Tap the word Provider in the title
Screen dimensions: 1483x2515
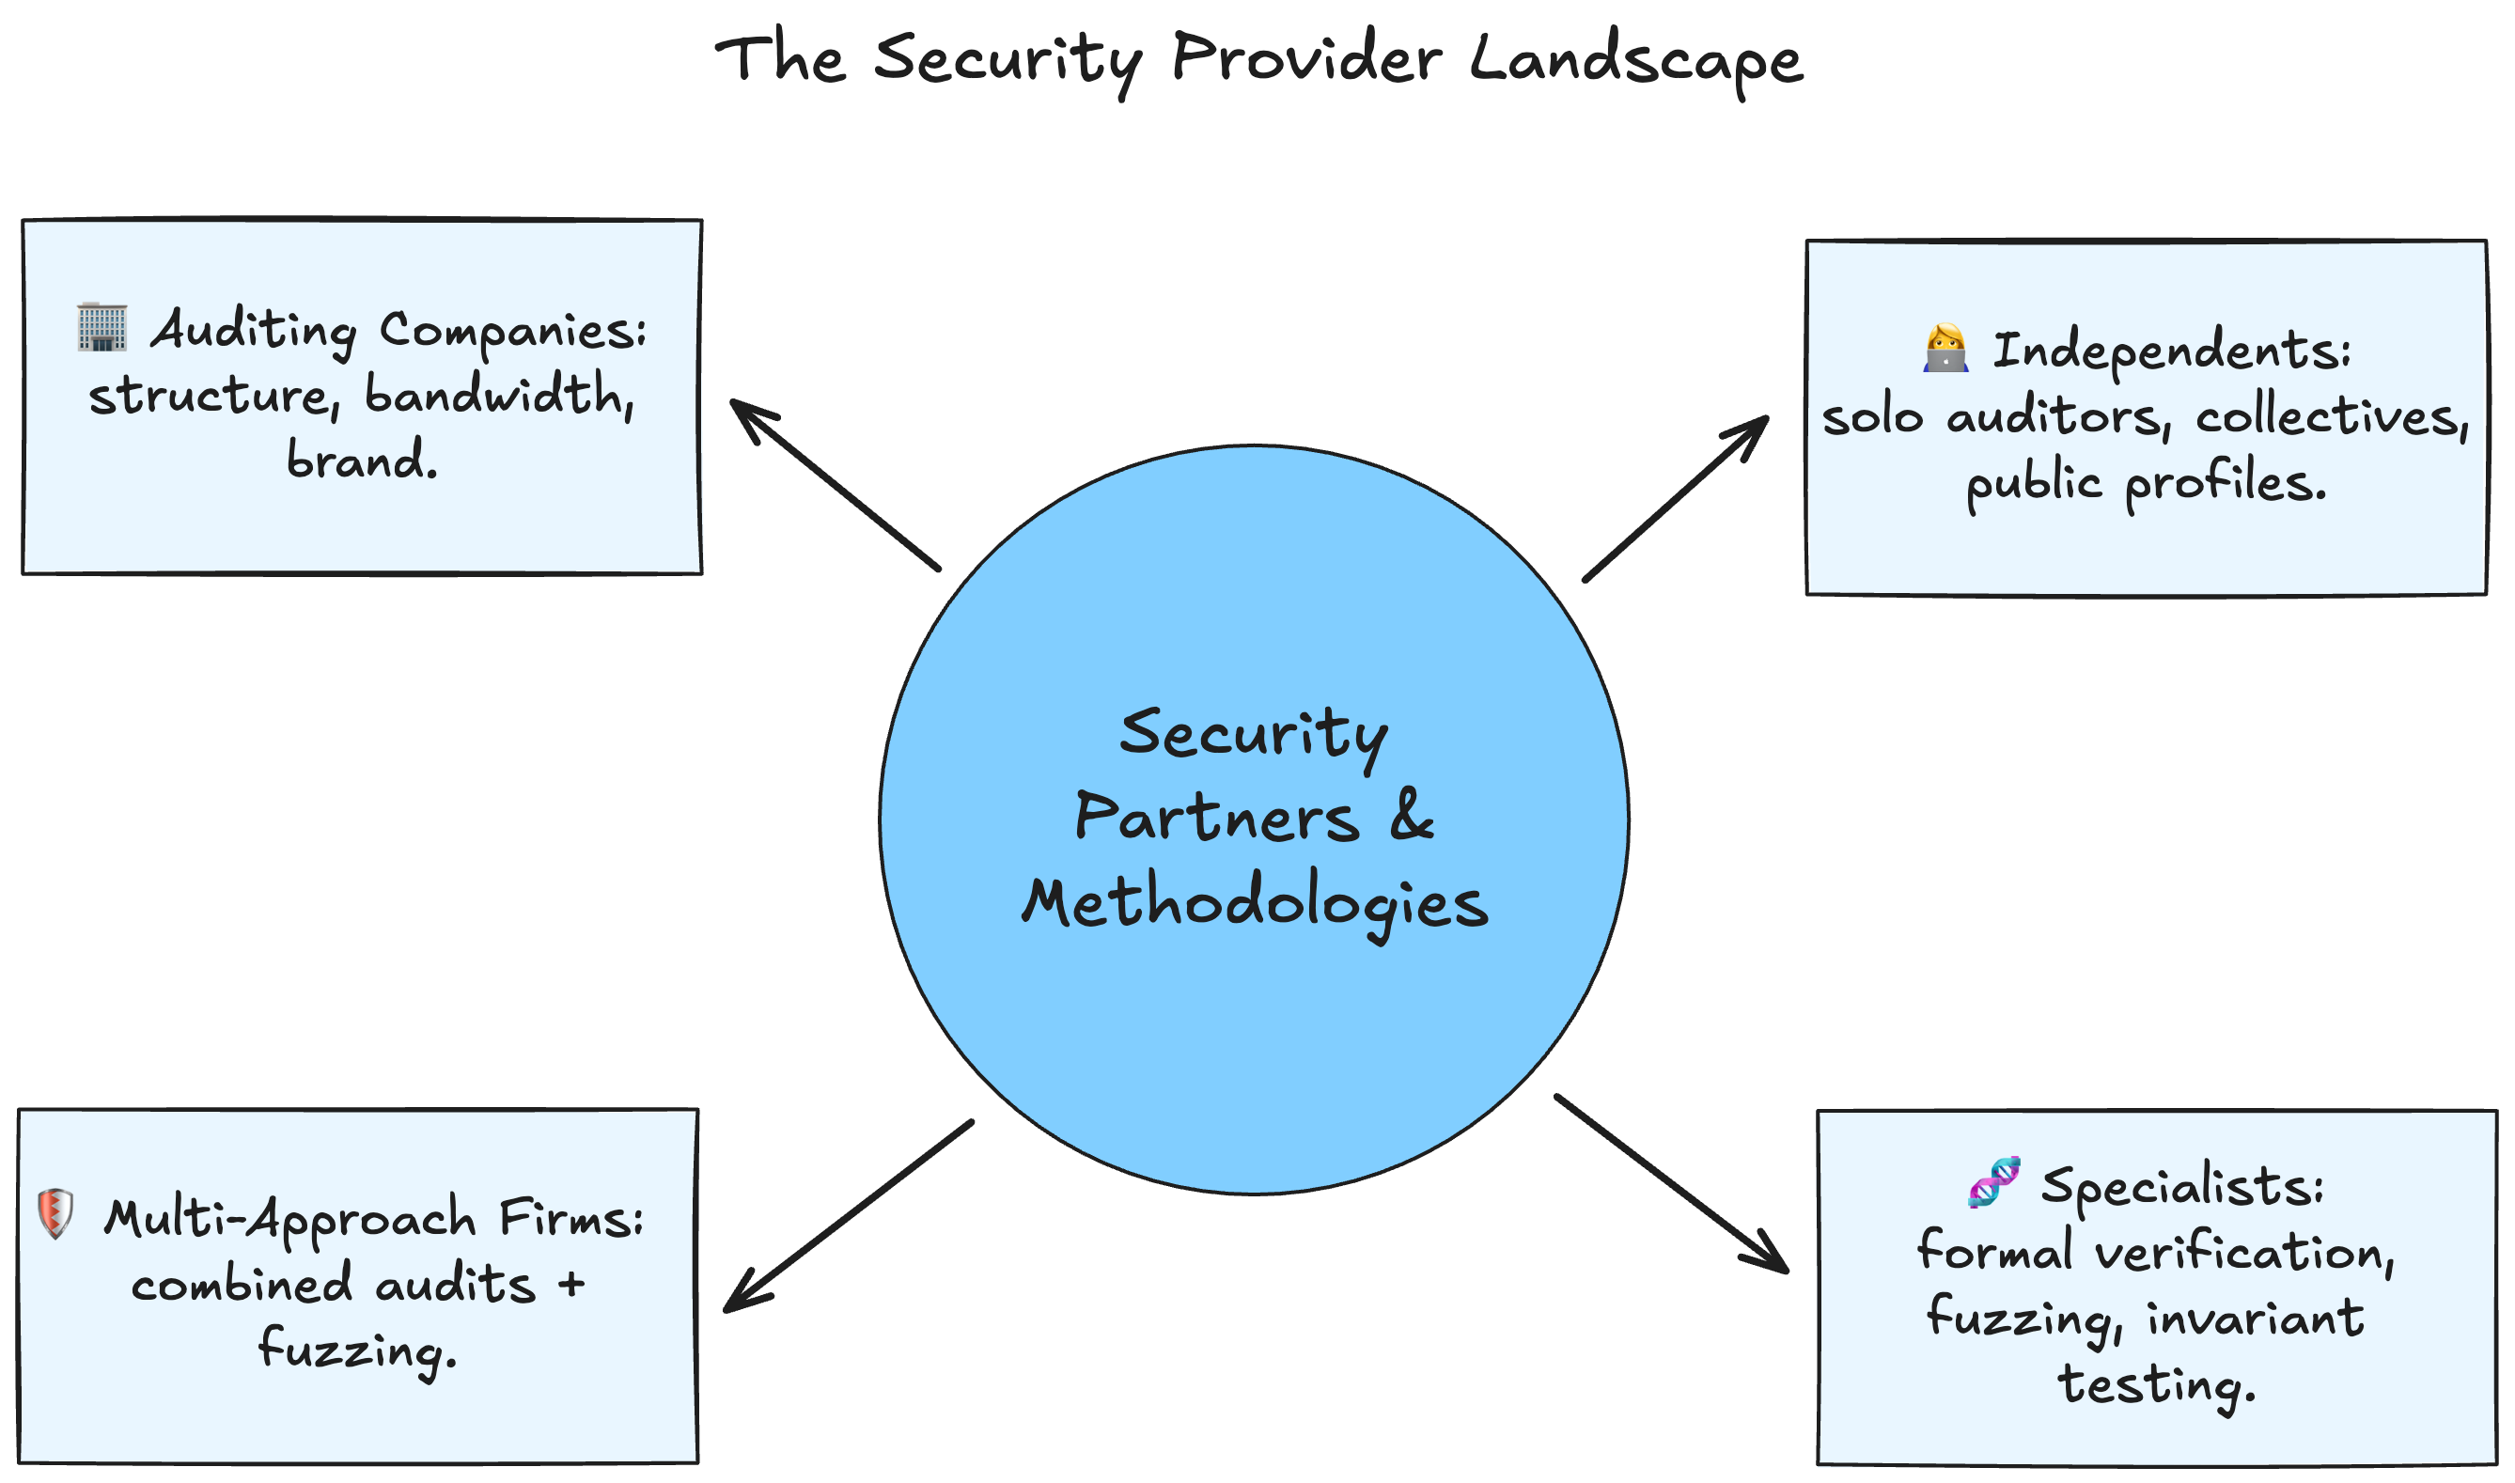(x=1306, y=58)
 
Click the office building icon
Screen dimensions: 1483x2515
(x=102, y=327)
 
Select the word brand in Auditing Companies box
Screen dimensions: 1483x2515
(x=361, y=460)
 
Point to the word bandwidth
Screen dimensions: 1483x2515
(x=499, y=394)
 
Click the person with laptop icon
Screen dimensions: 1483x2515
(x=1945, y=349)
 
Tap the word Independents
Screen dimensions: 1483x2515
(x=2171, y=351)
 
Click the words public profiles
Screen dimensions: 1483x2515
(x=2147, y=485)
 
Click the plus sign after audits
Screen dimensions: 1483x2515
(x=571, y=1284)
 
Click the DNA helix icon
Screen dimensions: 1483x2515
(x=1993, y=1182)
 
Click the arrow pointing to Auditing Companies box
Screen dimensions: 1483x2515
(x=835, y=485)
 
